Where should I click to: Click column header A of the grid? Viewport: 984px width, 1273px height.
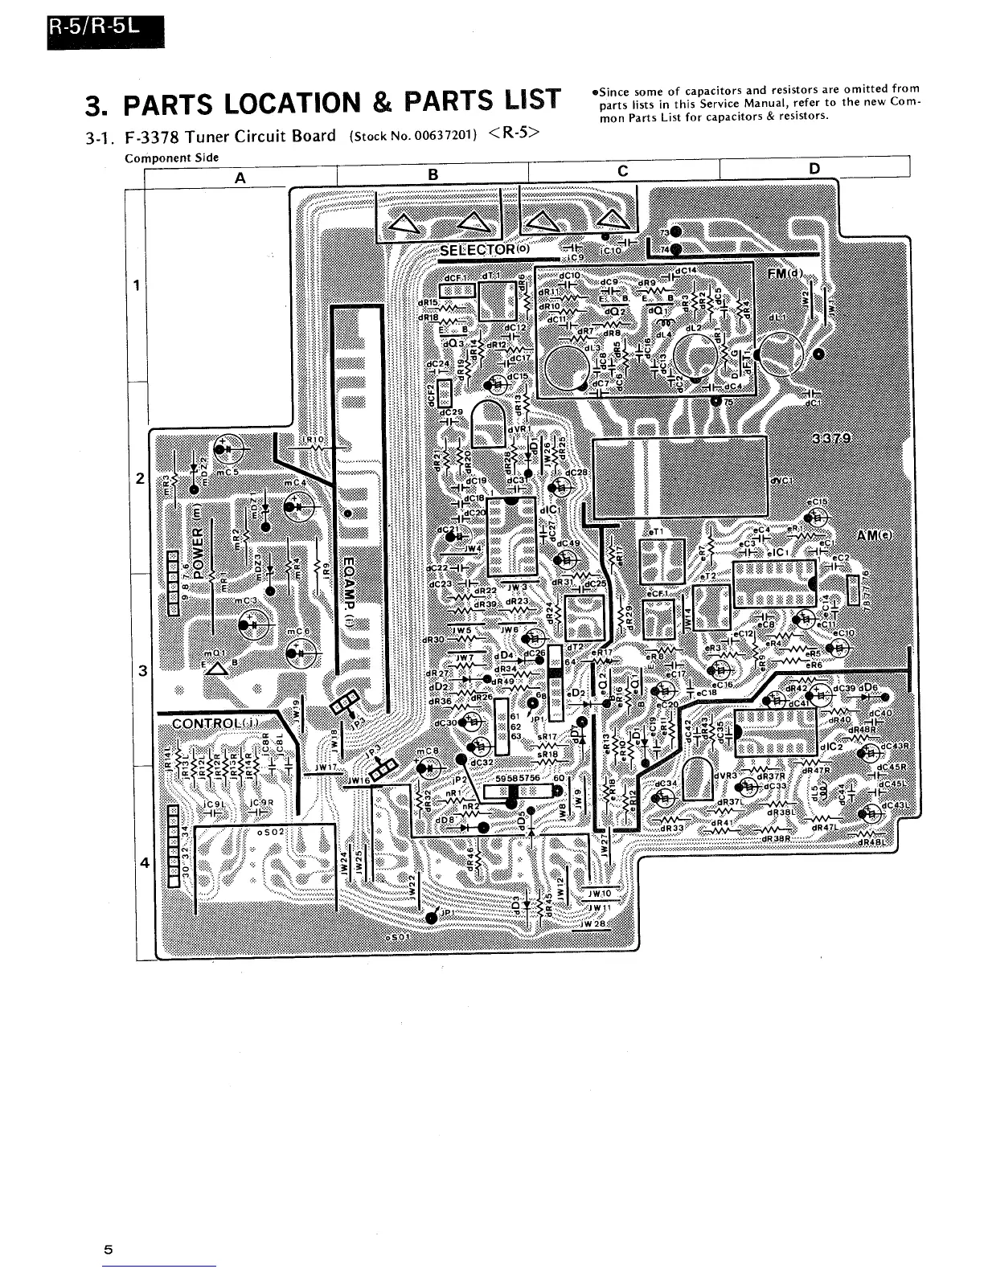[x=240, y=179]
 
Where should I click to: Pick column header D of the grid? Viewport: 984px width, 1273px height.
[x=814, y=169]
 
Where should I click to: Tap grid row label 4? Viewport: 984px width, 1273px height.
[x=144, y=863]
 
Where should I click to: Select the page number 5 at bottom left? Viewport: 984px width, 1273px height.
[x=107, y=1250]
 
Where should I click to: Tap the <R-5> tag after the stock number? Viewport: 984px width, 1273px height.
[x=512, y=133]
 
